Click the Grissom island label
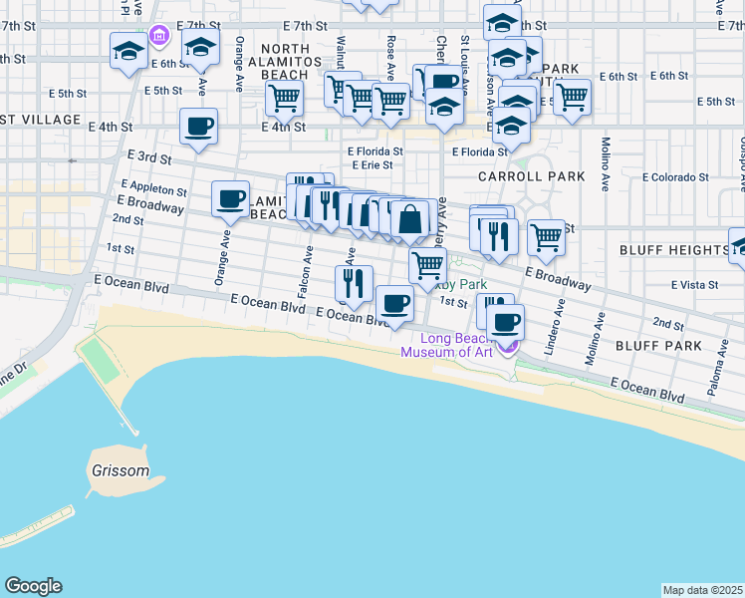click(118, 470)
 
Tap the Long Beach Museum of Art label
click(446, 344)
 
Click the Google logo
click(33, 586)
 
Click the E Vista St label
click(695, 285)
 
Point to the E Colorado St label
click(675, 177)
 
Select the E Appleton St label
click(153, 187)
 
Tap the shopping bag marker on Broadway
click(410, 218)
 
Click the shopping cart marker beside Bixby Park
click(427, 265)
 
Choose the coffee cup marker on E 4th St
click(198, 127)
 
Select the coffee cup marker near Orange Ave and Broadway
click(230, 198)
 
